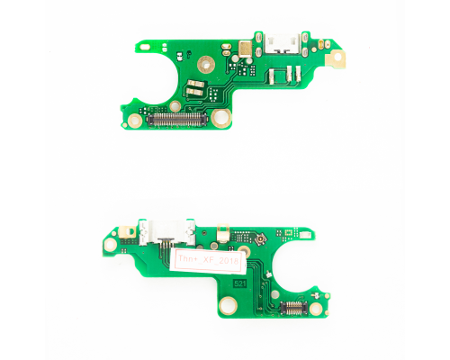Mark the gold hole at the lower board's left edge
click(112, 244)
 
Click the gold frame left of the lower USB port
click(131, 232)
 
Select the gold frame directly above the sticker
click(220, 237)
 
